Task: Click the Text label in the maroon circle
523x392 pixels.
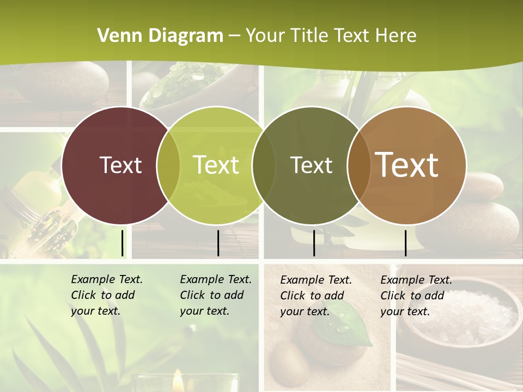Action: (120, 165)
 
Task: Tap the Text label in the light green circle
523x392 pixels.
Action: (216, 165)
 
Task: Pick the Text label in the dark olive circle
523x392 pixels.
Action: (311, 165)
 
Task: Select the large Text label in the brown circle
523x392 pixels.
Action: (407, 164)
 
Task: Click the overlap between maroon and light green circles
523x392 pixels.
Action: (168, 165)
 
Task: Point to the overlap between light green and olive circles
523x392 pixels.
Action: (264, 165)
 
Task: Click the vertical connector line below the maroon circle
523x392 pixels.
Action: (122, 243)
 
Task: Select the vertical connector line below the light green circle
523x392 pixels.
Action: (218, 243)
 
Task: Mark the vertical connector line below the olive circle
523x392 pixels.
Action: (314, 243)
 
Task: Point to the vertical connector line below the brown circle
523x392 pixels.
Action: (405, 243)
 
